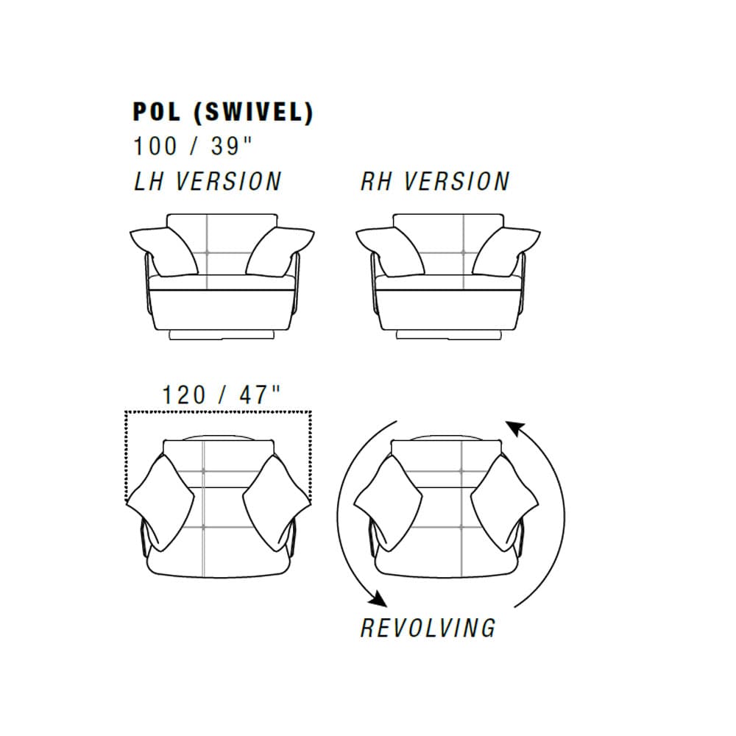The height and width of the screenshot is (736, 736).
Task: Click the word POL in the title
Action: (x=155, y=111)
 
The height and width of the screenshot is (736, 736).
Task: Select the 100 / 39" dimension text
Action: (x=192, y=146)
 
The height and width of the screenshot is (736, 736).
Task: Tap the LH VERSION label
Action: (x=207, y=181)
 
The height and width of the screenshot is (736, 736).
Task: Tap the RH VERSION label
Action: (x=434, y=181)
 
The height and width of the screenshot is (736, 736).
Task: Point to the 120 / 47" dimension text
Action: (x=222, y=394)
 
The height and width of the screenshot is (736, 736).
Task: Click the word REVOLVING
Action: (x=428, y=627)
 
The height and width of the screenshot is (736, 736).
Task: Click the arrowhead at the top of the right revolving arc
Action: (x=515, y=427)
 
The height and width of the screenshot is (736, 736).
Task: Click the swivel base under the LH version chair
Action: (x=222, y=334)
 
